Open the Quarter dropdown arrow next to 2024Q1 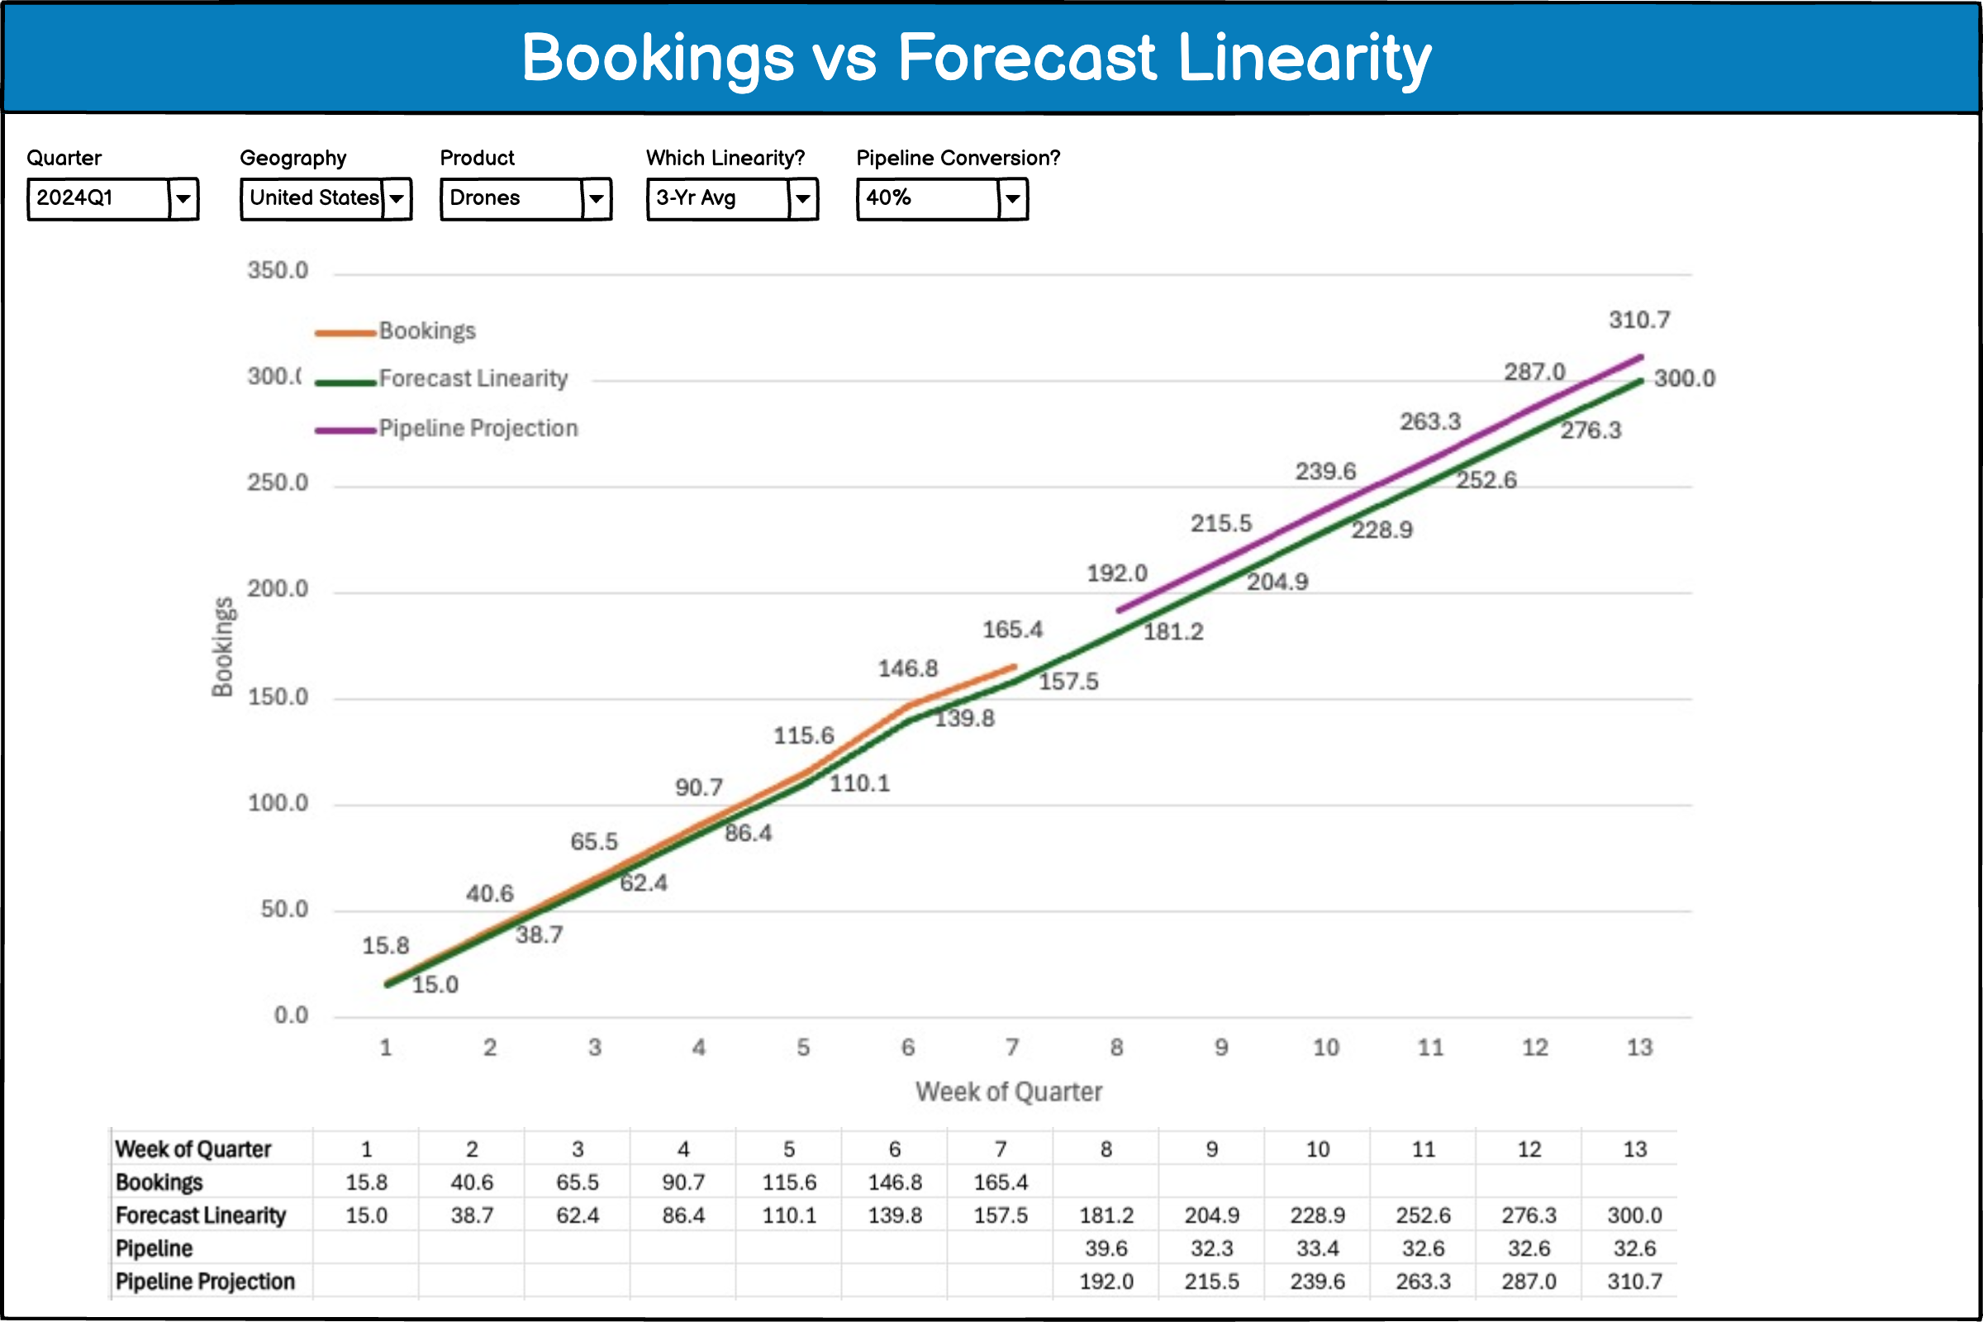pyautogui.click(x=183, y=199)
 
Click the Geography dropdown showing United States pyautogui.click(x=326, y=199)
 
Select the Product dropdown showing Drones pyautogui.click(x=525, y=199)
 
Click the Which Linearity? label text pyautogui.click(x=725, y=158)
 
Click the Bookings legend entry pyautogui.click(x=426, y=330)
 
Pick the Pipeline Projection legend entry pyautogui.click(x=478, y=428)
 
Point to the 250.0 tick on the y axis pyautogui.click(x=278, y=483)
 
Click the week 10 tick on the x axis pyautogui.click(x=1325, y=1047)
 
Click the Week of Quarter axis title pyautogui.click(x=1008, y=1091)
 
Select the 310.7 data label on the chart pyautogui.click(x=1638, y=321)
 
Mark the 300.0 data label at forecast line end pyautogui.click(x=1684, y=378)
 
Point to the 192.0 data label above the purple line pyautogui.click(x=1116, y=573)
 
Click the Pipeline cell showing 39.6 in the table pyautogui.click(x=1106, y=1248)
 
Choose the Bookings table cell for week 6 pyautogui.click(x=895, y=1183)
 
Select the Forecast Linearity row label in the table pyautogui.click(x=201, y=1215)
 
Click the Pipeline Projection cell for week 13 pyautogui.click(x=1634, y=1282)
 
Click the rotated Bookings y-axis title pyautogui.click(x=222, y=647)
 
